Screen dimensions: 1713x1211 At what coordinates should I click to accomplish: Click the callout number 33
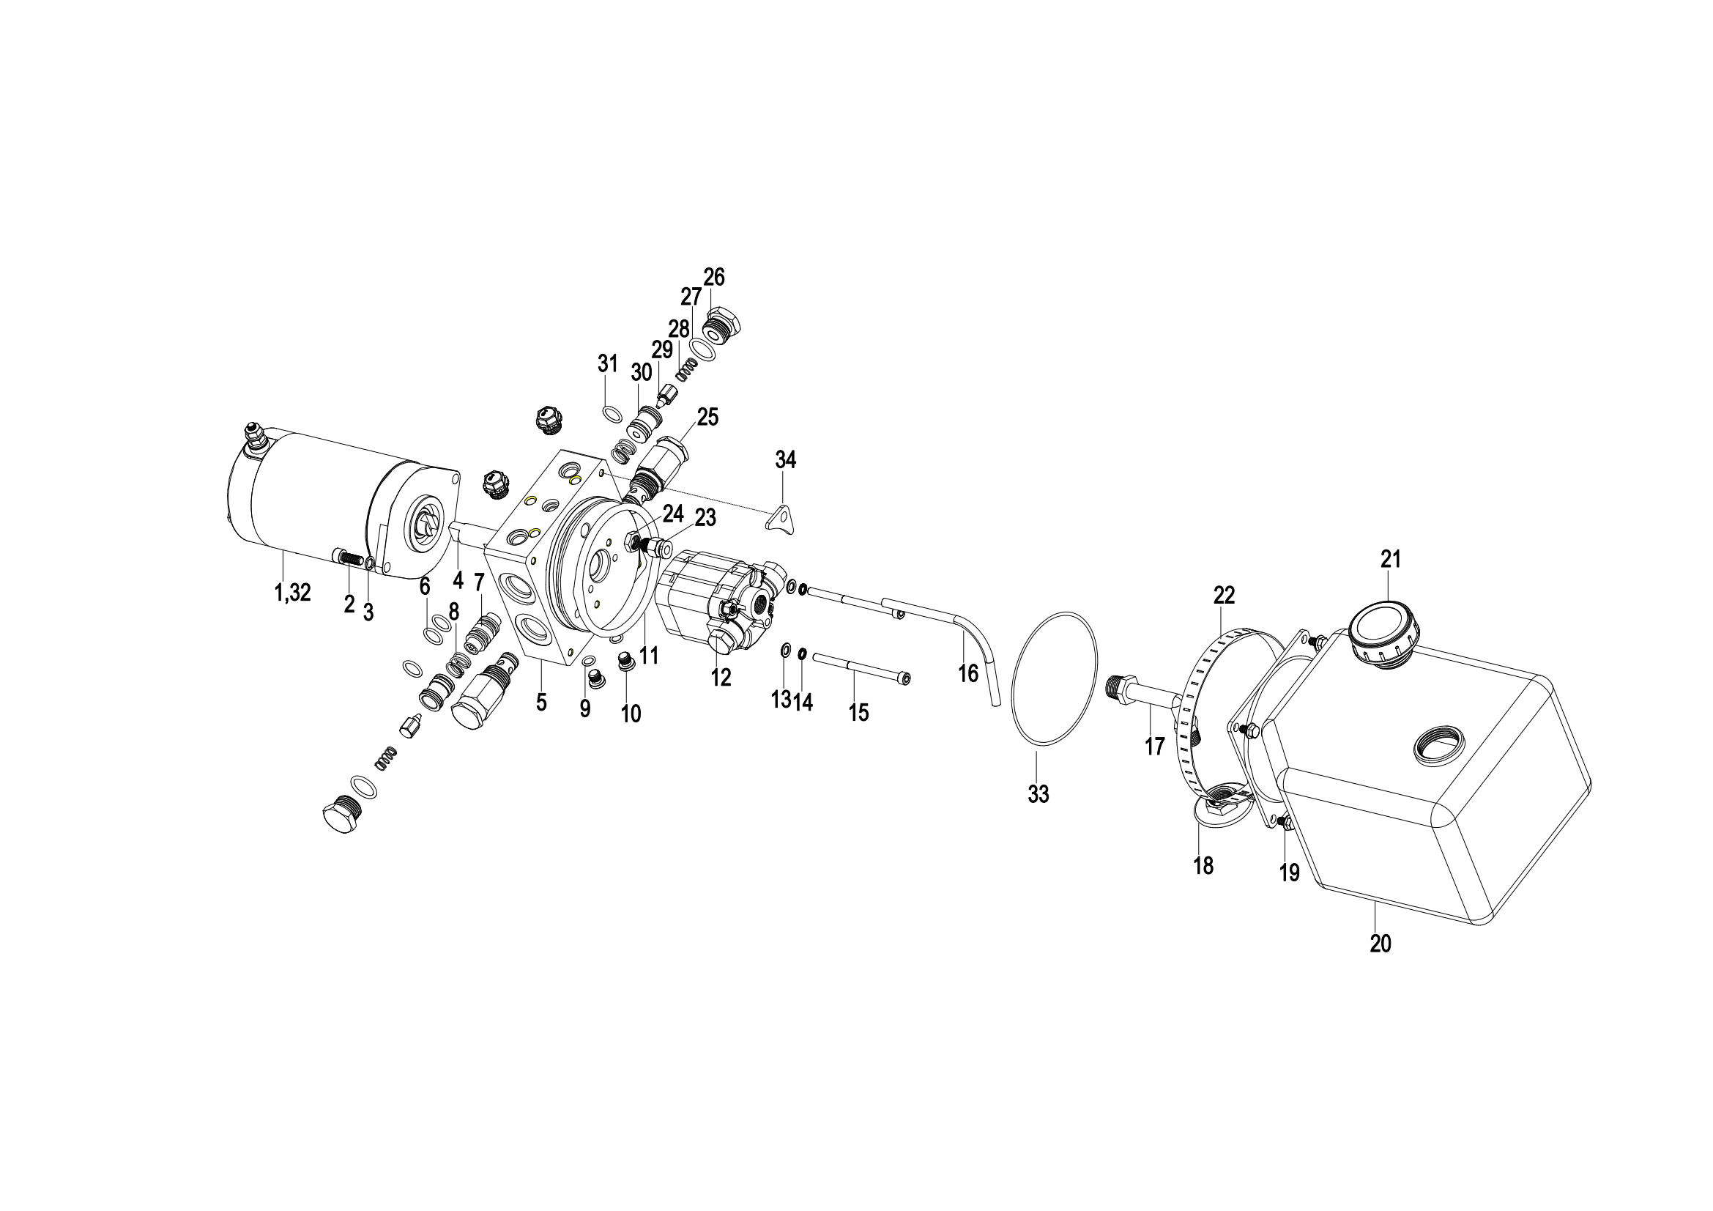pos(1038,795)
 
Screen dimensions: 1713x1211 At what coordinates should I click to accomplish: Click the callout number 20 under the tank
pos(1381,944)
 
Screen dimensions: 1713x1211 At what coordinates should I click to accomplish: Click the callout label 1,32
pos(292,593)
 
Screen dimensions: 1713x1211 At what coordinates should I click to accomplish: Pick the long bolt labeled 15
pos(861,667)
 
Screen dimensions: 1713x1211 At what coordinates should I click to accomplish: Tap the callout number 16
pos(967,674)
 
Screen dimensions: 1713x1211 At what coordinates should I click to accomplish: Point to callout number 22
pos(1225,595)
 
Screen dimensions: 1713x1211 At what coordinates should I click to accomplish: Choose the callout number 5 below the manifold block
pos(542,702)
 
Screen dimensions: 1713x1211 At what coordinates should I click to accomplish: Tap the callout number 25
pos(707,417)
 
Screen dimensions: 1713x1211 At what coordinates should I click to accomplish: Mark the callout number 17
pos(1154,746)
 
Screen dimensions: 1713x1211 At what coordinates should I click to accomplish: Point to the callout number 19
pos(1289,873)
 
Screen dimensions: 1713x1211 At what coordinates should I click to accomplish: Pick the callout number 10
pos(631,714)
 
